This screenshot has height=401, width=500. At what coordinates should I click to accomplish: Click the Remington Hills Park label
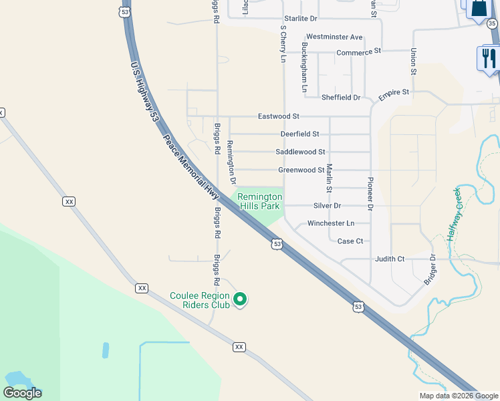260,202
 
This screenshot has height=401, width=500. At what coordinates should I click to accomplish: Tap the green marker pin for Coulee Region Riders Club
242,299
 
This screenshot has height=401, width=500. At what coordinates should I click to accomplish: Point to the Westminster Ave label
334,37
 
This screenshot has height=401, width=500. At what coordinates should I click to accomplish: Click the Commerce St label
358,51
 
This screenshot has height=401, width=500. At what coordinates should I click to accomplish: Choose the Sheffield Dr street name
341,98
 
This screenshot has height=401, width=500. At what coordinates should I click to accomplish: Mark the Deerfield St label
299,134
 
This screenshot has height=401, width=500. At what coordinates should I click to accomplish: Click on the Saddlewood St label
300,152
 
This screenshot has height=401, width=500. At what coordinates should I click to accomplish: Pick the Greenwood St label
301,170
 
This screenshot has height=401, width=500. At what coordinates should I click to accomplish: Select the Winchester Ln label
331,223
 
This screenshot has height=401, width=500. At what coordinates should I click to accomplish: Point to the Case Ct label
350,241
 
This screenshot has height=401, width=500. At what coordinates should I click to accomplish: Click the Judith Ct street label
390,259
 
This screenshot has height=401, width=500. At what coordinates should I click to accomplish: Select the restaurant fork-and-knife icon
487,58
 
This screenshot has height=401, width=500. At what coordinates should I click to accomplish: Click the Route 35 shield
492,24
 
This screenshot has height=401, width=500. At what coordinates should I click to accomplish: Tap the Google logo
22,393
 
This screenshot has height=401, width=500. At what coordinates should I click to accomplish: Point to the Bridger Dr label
430,270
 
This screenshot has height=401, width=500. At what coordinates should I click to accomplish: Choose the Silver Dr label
328,206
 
